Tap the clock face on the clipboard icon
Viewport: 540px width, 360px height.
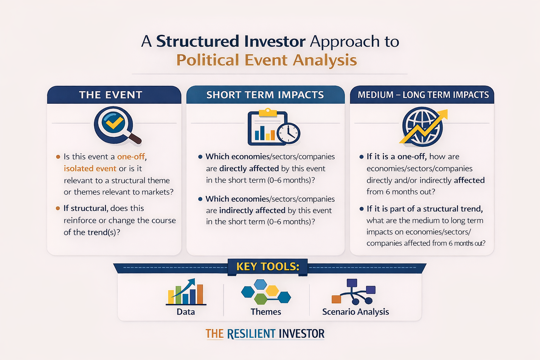(x=288, y=133)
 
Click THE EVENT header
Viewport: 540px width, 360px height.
(x=111, y=95)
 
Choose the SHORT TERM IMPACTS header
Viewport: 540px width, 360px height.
(x=265, y=95)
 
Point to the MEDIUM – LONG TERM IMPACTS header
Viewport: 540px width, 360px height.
(x=423, y=95)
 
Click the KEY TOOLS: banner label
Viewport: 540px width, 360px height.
(x=268, y=267)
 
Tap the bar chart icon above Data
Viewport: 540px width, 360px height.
(x=186, y=292)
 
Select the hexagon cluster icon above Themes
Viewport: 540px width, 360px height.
(x=266, y=292)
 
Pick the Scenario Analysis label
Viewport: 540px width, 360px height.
(x=355, y=312)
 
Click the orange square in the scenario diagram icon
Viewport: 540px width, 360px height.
(x=336, y=299)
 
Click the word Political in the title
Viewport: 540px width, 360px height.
(x=207, y=60)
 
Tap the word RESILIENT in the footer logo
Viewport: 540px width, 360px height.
(x=251, y=334)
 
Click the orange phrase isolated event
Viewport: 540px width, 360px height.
(x=90, y=168)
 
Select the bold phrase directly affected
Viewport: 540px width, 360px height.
(x=249, y=168)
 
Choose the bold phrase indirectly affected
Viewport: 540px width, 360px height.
(x=252, y=211)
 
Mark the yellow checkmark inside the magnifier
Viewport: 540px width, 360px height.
(x=114, y=122)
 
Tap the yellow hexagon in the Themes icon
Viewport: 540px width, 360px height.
(x=272, y=290)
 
